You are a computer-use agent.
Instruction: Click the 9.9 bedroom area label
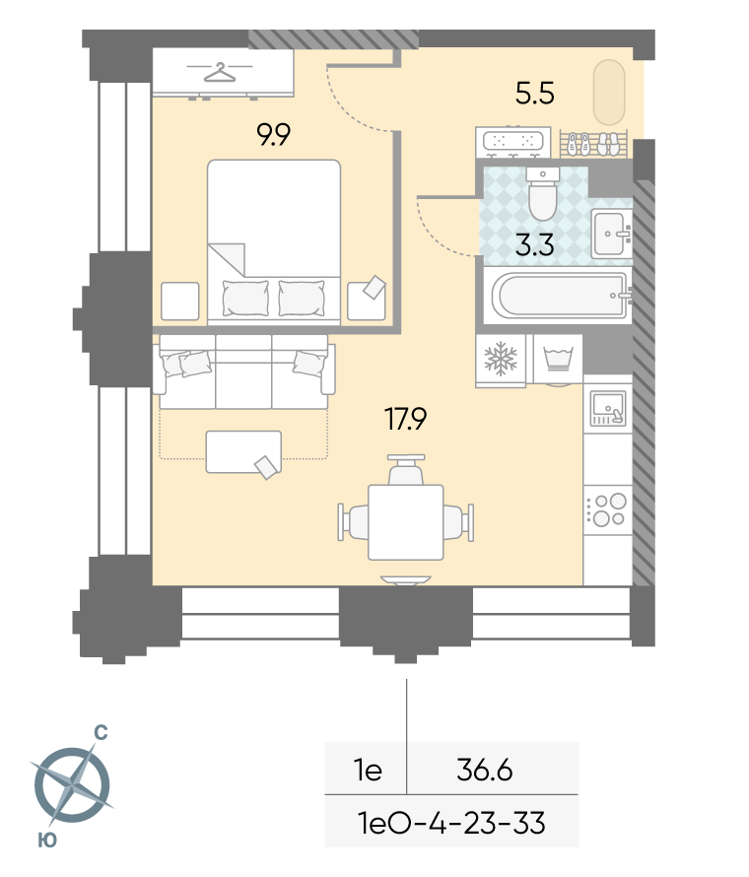coord(274,135)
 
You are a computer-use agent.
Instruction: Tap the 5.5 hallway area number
coord(535,94)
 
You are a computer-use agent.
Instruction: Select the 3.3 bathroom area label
coord(535,245)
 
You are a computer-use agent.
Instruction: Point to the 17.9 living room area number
coord(406,419)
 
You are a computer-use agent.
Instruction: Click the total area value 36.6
coord(485,771)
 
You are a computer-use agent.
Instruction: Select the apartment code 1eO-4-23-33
coord(451,824)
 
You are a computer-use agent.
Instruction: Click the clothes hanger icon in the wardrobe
coord(219,72)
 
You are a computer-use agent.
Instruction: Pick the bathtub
coord(561,295)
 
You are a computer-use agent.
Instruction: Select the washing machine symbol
coord(557,358)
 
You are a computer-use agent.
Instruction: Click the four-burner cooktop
coord(609,509)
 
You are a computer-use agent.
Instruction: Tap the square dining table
coord(406,522)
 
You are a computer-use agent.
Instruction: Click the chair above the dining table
coord(406,470)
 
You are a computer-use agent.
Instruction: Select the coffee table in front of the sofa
coord(243,451)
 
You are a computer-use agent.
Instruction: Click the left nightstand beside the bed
coord(179,301)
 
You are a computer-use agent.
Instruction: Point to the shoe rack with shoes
coord(593,144)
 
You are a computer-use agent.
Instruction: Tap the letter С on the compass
coord(101,732)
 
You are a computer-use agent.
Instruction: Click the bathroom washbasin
coord(611,234)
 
